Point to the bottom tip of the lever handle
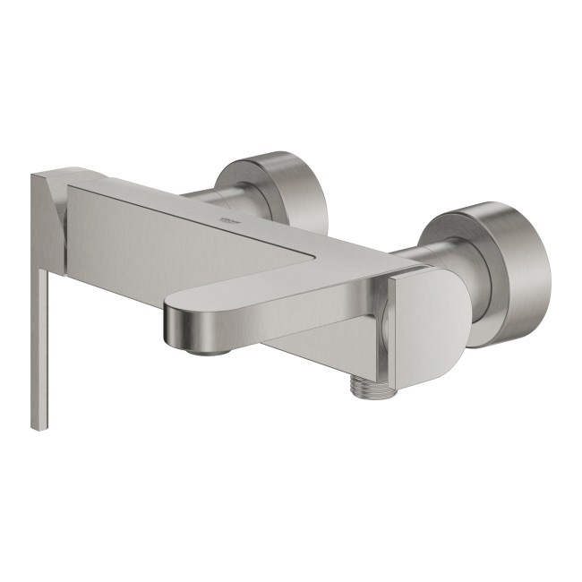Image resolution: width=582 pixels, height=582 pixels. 38,426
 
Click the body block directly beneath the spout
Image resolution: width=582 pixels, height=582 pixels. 304,345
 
